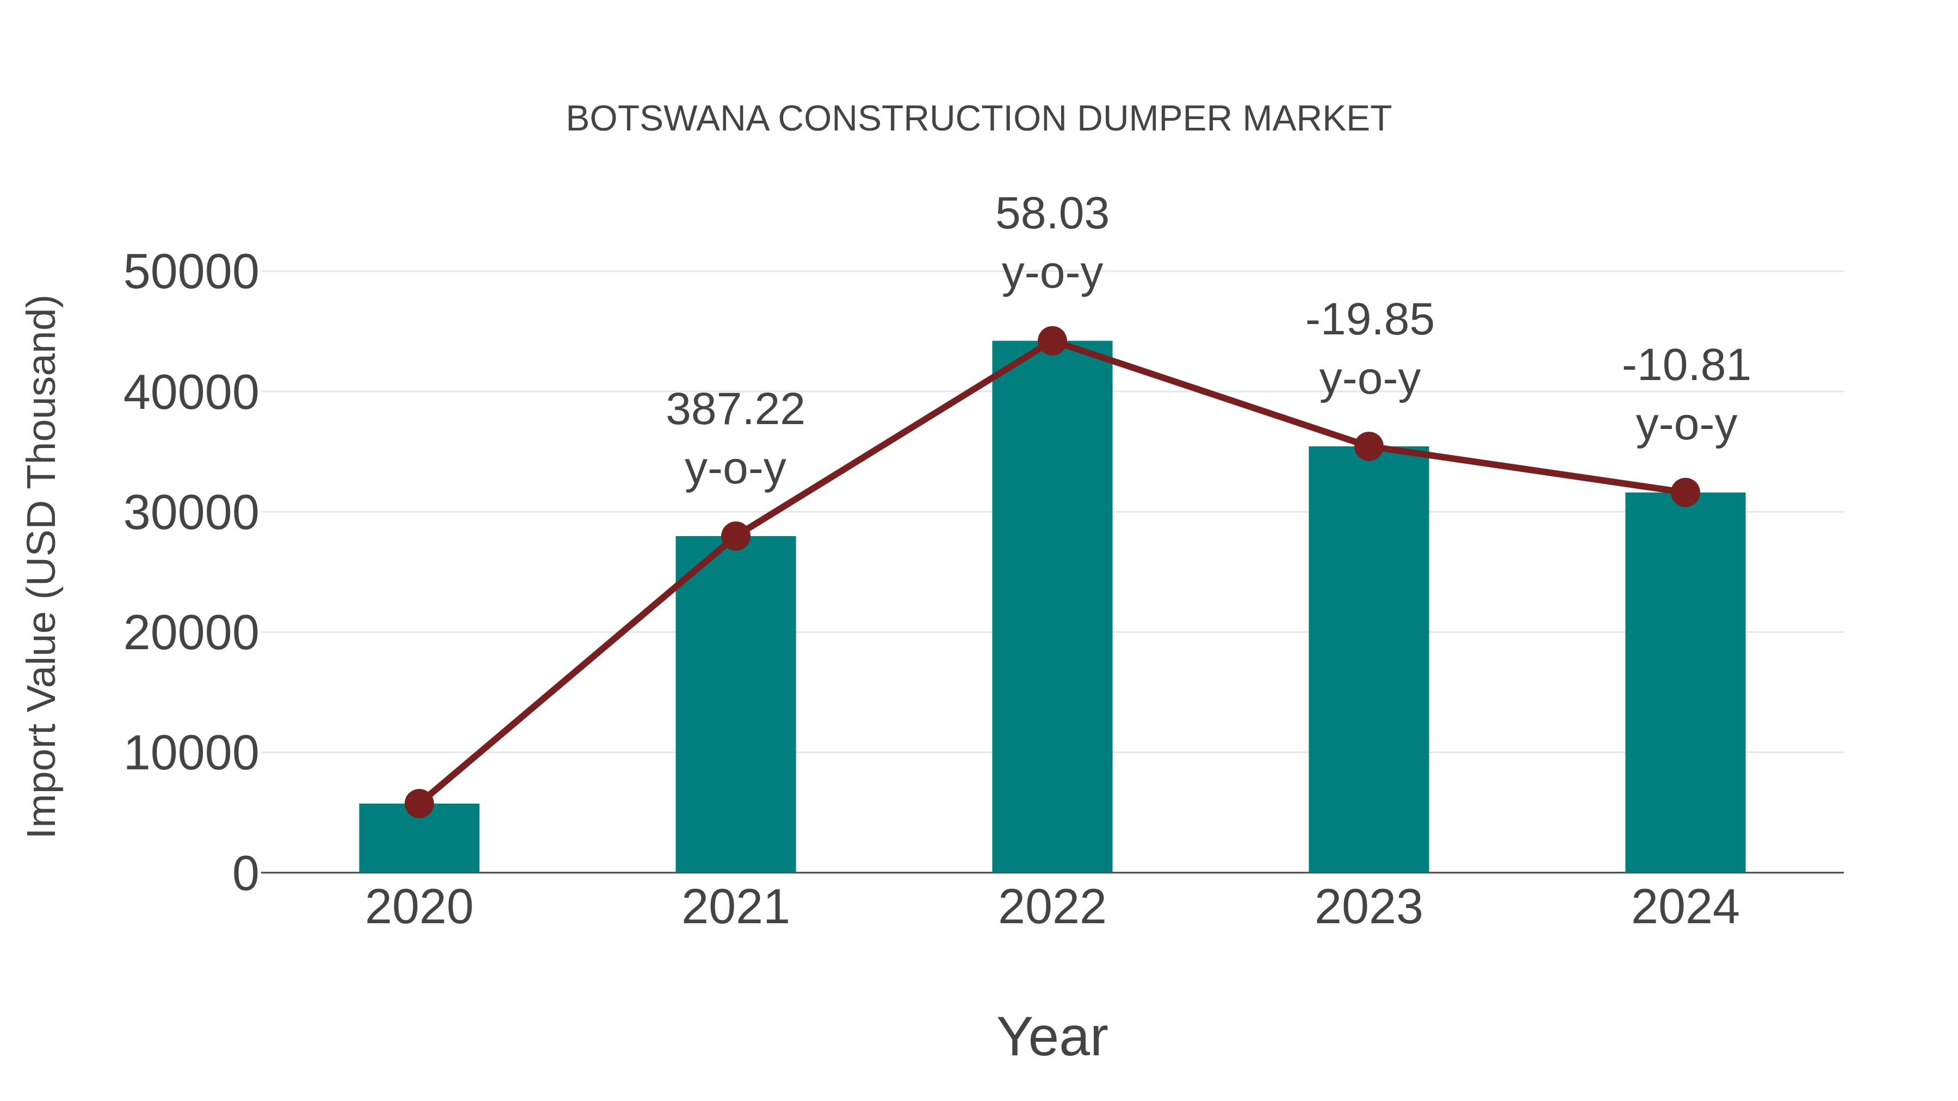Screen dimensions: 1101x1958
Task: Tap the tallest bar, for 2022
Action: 1052,608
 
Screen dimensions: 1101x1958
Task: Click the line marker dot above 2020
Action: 419,803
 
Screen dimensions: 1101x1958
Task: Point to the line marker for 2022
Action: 1052,341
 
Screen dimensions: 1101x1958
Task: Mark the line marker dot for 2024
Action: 1685,493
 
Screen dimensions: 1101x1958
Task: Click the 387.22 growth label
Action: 735,410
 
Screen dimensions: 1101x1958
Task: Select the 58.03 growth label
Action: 1052,214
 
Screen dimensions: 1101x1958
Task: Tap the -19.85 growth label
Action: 1369,320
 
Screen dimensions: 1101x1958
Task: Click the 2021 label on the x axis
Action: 735,907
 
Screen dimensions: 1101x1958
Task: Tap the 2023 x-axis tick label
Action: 1368,907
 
